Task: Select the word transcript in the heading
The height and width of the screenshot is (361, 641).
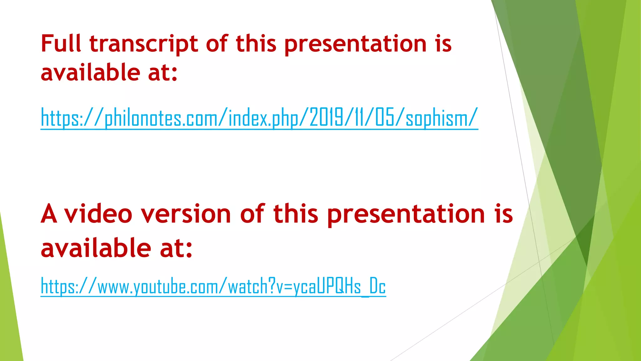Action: click(144, 44)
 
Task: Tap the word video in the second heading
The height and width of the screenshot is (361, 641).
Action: click(98, 214)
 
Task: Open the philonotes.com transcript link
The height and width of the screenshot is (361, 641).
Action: click(259, 118)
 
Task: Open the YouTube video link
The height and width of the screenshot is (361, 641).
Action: click(213, 286)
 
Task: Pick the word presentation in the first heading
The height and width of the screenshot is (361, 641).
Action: click(356, 44)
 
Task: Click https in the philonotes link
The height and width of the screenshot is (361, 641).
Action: click(59, 118)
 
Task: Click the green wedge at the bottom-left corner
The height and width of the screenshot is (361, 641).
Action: click(9, 313)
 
